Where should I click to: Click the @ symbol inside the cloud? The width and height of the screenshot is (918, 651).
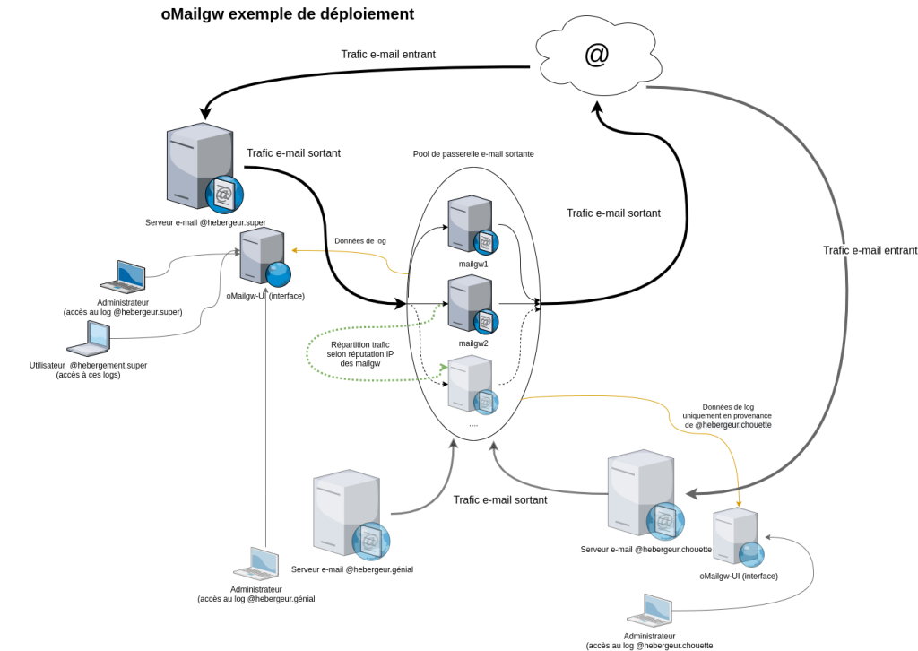596,56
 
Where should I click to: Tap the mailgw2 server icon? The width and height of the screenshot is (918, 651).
472,305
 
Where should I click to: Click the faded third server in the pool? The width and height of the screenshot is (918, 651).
471,384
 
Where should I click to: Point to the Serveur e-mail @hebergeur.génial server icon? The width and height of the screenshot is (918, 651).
348,516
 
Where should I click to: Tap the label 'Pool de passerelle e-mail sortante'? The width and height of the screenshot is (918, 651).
473,154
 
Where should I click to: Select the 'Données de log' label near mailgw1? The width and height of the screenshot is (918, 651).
360,241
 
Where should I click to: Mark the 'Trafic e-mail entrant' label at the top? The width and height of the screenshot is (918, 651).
388,55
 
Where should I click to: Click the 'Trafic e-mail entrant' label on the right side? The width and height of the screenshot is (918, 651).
870,250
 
